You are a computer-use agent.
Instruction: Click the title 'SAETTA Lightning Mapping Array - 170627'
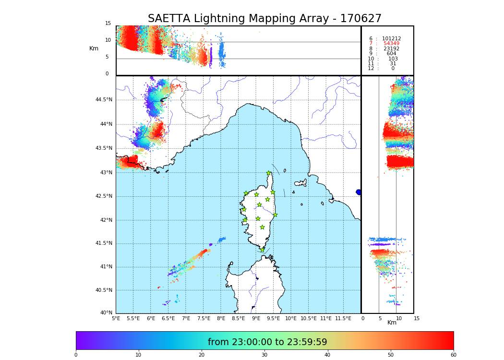pos(264,19)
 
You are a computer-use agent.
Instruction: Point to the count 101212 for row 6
pos(391,39)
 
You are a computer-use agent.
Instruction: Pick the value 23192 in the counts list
pos(391,49)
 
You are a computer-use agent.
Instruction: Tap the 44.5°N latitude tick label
pos(104,100)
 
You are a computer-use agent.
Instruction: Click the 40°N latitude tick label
pos(106,313)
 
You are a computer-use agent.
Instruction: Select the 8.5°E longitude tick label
pos(239,318)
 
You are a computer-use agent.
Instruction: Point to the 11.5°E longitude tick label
pos(343,318)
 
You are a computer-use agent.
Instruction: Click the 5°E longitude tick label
pos(116,318)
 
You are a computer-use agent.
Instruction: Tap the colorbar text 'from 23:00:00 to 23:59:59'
pos(267,342)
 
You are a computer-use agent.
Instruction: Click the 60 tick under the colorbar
pos(453,355)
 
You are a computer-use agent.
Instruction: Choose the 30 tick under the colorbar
pos(264,355)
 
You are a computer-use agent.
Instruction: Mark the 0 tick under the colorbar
pos(76,355)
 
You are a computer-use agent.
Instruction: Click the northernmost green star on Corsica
pos(269,173)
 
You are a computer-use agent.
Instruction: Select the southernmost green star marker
pos(263,250)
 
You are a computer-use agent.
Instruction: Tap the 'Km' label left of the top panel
pos(94,48)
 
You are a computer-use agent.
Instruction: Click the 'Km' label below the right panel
pos(392,323)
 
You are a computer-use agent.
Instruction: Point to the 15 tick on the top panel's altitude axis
pos(108,24)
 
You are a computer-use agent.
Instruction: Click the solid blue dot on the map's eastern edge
pos(359,192)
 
